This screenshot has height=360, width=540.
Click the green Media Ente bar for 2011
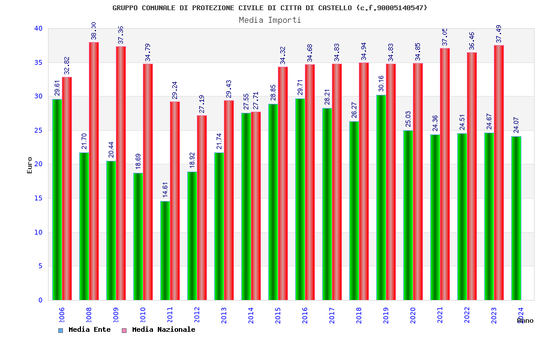[165, 250]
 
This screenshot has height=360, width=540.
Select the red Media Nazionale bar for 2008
[94, 171]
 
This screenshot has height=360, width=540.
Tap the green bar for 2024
[516, 218]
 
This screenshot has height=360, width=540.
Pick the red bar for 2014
[256, 206]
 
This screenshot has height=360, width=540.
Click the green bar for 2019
[381, 197]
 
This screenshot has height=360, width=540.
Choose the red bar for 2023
[499, 172]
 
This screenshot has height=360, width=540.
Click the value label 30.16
[382, 83]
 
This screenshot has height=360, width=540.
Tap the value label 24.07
[517, 124]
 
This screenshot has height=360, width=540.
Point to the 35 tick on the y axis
[38, 62]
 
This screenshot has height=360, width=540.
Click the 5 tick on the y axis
[40, 266]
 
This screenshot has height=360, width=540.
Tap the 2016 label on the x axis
[305, 314]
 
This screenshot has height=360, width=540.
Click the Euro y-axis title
[30, 165]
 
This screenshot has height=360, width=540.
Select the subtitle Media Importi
[270, 20]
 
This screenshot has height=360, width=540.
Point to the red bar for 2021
[445, 174]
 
